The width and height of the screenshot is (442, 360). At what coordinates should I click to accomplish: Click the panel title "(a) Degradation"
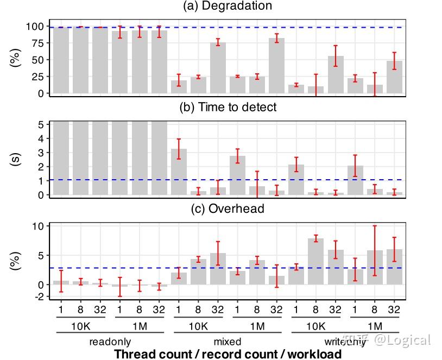pos(228,6)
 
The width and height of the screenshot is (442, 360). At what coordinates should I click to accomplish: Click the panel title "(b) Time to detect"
pos(228,107)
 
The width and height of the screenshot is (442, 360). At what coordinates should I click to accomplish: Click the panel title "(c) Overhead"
pos(228,209)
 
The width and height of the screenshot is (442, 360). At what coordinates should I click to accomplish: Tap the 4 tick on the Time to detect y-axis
pos(40,138)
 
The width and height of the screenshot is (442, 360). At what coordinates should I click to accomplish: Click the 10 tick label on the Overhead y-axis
pos(37,226)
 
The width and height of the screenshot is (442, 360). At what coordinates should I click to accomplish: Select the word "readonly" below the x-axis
pos(110,342)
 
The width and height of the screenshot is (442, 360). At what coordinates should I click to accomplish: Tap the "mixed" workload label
pos(228,342)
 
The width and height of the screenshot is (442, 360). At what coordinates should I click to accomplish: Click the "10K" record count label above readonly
pos(80,326)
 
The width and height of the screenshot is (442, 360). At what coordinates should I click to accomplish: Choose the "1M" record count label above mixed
pos(257,326)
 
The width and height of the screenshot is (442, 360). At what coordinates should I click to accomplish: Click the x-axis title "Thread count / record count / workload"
pos(228,354)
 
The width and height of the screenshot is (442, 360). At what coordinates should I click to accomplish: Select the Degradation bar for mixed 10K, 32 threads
pos(218,68)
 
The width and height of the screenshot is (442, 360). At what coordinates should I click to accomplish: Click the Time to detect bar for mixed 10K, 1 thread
pos(179,172)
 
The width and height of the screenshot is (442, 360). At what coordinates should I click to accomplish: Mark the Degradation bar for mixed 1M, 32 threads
pos(276,66)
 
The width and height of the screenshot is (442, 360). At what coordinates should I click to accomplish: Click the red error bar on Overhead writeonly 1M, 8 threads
pos(375,250)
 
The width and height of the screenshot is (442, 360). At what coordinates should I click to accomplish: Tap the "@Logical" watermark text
pos(402,340)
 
